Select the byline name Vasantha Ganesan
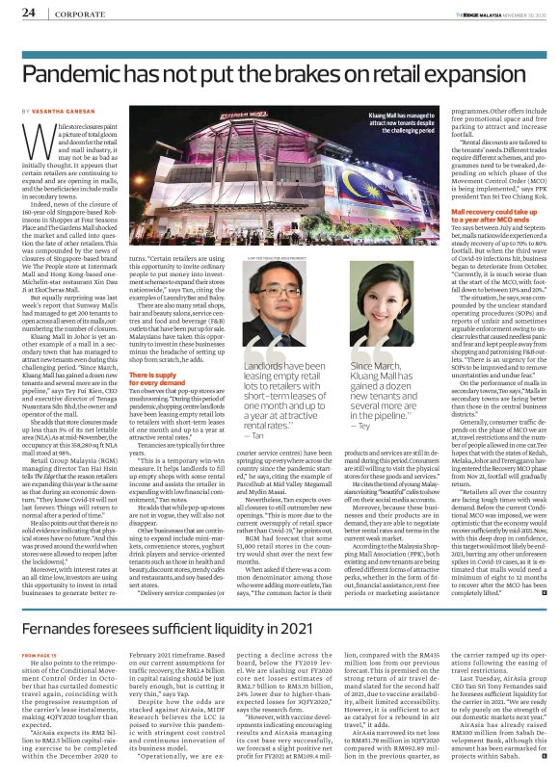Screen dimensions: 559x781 click(71, 113)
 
